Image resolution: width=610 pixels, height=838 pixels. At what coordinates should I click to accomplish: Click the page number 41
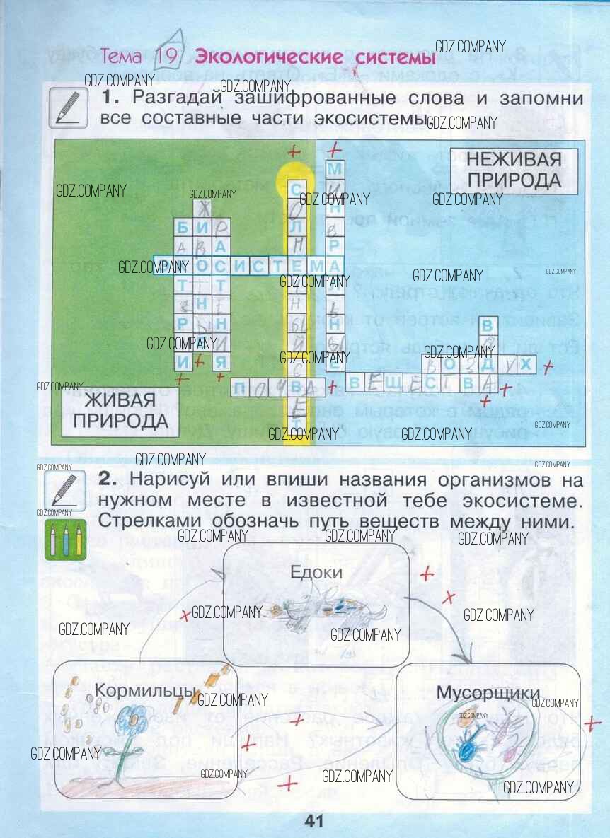point(313,821)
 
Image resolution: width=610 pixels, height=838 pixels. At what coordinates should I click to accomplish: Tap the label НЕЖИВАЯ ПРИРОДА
point(514,170)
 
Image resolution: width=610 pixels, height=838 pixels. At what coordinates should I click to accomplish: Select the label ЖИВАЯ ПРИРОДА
point(120,412)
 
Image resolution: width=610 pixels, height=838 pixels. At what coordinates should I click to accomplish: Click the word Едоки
point(316,572)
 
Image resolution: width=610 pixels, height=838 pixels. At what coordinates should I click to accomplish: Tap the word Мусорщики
point(488,692)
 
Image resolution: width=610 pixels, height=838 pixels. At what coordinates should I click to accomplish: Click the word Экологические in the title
point(259,57)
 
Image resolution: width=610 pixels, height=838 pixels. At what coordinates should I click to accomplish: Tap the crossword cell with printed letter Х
point(525,365)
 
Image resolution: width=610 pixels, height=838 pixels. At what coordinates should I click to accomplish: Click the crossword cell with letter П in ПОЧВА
point(241,386)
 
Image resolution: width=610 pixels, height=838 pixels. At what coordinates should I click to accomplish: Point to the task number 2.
point(107,479)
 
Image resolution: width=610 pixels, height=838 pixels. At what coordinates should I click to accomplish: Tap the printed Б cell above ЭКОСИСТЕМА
point(183,227)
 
